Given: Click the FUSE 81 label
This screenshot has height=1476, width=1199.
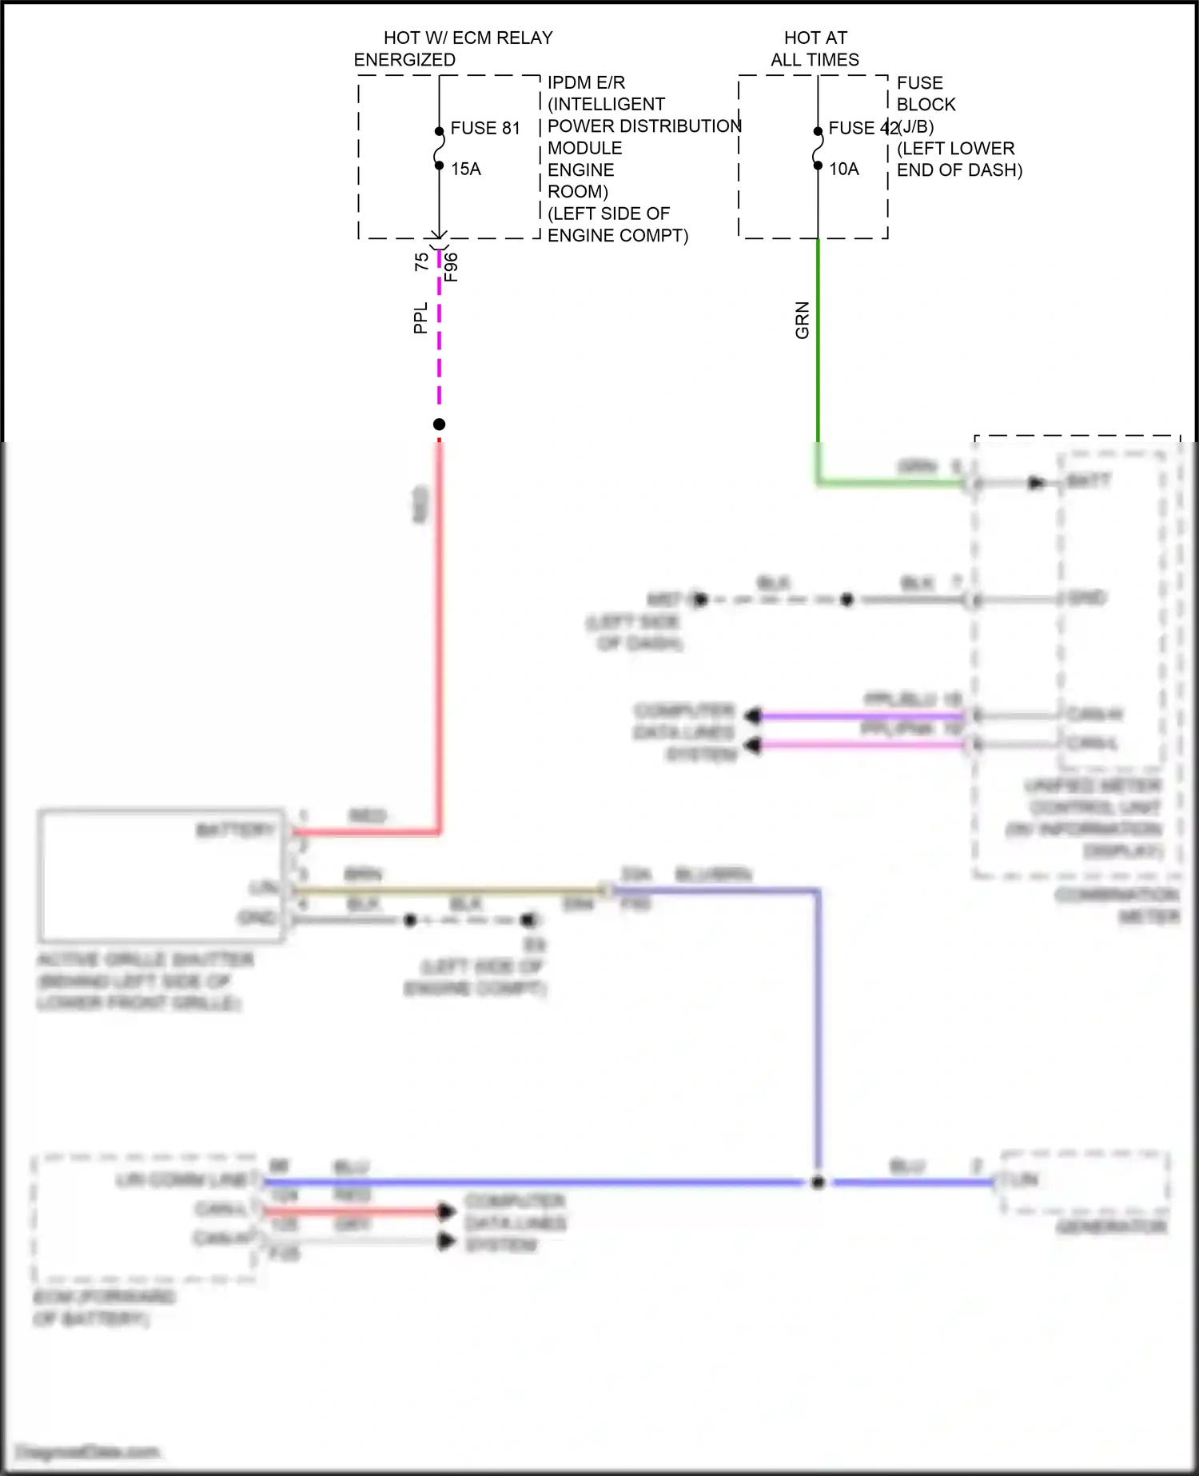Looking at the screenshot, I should point(485,128).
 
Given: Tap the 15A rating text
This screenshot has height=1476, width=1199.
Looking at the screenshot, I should point(466,169).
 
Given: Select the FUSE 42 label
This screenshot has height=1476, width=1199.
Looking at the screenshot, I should point(862,128).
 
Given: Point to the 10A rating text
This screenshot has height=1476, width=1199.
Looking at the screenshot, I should point(844,169).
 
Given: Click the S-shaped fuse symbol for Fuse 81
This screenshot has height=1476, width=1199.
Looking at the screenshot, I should point(439,149).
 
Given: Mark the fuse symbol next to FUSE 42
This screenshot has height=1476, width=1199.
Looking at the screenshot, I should point(818,149).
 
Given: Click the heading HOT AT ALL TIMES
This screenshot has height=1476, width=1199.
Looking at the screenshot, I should point(815,49).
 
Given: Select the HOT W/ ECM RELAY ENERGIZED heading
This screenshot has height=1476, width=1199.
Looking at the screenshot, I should point(453,49).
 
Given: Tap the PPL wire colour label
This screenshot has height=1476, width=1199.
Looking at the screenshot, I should point(420,317).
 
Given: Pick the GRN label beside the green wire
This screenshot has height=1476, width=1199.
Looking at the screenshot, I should point(802,320).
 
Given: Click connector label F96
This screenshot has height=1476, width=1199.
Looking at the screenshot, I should point(451,267).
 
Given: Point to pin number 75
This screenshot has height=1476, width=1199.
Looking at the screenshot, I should point(421,261).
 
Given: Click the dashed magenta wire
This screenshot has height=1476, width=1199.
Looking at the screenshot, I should point(439,336).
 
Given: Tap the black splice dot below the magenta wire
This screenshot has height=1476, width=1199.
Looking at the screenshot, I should point(439,424).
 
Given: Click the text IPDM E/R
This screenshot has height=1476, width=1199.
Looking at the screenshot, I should point(586,82).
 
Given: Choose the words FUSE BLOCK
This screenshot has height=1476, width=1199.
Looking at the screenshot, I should point(926,94).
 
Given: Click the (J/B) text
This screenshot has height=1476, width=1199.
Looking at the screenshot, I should point(916,126).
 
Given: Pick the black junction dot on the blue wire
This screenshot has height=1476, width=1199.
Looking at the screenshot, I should point(818,1183).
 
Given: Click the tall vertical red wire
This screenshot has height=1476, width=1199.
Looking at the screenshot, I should point(439,640).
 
